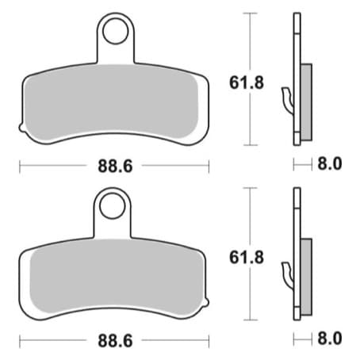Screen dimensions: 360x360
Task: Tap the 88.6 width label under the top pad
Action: click(x=115, y=167)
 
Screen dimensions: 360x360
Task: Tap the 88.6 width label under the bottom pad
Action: click(x=115, y=341)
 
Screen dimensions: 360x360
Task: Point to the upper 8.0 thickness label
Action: click(x=330, y=163)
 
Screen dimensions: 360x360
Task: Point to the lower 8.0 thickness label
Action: click(x=330, y=339)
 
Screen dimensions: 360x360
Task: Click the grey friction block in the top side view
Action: click(x=306, y=102)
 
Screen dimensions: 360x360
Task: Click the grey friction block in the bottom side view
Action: click(x=306, y=277)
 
